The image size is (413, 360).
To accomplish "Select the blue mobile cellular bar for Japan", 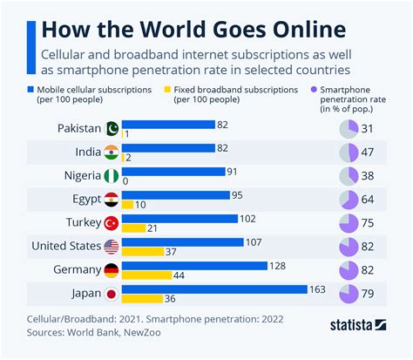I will coord(214,289).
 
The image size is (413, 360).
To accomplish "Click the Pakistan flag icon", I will coord(112,128).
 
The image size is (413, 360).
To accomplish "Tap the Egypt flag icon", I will coord(112,199).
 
